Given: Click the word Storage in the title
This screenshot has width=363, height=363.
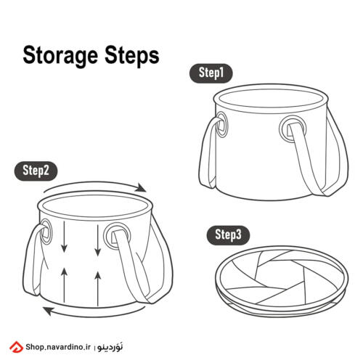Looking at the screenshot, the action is pos(60,56).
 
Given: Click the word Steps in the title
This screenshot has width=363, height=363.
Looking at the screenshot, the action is pos(132,56).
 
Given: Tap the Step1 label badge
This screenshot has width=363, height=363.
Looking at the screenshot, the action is pos(211,73).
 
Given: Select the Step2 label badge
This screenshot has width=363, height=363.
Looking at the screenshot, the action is pos(36,171).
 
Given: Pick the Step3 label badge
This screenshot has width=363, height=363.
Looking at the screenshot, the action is pos(228,235).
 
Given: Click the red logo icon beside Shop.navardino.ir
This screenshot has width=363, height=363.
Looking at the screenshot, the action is pos(17,347).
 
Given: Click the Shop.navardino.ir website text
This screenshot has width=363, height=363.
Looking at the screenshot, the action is pos(58,347).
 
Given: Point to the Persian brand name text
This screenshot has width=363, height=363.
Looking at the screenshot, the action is pos(110,347).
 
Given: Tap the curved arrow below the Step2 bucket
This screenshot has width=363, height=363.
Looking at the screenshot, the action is pos(94,315).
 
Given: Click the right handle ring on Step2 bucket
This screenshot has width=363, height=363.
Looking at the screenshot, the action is pos(117,236).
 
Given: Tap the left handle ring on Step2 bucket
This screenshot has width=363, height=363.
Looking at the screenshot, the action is pos(46,232).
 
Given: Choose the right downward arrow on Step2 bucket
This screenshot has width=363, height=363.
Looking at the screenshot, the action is pos(97,240).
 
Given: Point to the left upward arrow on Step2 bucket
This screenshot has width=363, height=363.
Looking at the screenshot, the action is pos(64,285).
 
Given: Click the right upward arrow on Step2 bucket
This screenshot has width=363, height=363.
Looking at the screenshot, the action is pos(98,289).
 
